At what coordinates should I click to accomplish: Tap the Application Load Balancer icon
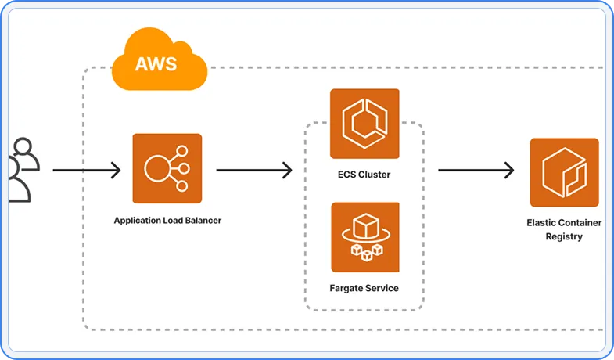(167, 169)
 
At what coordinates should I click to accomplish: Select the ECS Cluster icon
(364, 124)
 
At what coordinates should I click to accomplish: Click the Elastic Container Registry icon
(564, 173)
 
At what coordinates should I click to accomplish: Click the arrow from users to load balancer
(86, 170)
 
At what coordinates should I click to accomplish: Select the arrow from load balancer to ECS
(253, 170)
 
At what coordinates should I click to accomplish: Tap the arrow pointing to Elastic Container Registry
(476, 170)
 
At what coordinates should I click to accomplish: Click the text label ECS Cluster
(364, 175)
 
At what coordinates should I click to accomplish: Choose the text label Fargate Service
(364, 288)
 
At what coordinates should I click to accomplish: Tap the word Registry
(564, 236)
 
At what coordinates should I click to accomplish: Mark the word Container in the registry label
(583, 223)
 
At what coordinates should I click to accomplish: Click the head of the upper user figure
(24, 146)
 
